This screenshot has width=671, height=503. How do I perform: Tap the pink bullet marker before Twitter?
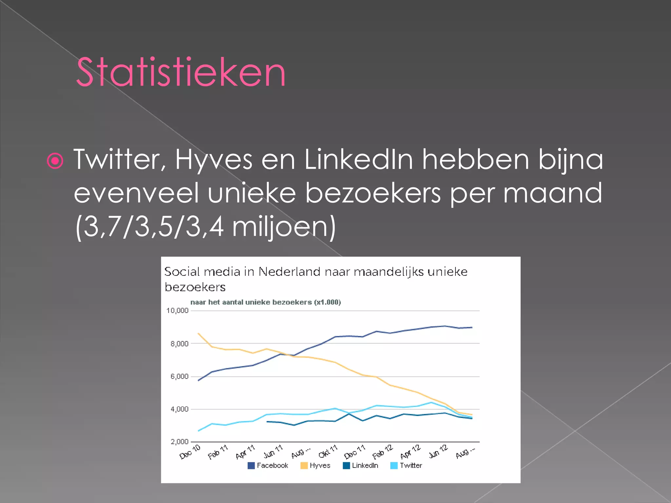pos(55,160)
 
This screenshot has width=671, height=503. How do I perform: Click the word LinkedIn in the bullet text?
pos(359,159)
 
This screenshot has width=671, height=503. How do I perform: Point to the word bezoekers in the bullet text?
pos(373,193)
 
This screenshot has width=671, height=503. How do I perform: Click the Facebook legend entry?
pos(268,465)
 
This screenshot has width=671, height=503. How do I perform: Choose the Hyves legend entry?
pos(316,465)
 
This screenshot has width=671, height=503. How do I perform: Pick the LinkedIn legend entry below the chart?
pos(361,465)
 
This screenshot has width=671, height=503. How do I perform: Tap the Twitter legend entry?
pos(407,465)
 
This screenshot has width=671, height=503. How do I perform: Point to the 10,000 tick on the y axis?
pos(177,310)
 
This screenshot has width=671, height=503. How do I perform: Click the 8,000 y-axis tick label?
pos(179,344)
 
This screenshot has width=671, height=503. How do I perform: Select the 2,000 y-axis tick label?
pos(179,442)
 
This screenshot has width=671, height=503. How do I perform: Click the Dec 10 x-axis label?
pos(190,452)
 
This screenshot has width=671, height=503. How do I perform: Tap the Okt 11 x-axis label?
pos(328,452)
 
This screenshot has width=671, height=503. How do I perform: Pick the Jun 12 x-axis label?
pos(438,452)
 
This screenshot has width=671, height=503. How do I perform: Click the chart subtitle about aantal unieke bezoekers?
pos(266,302)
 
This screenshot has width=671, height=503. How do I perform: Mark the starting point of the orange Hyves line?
pos(199,333)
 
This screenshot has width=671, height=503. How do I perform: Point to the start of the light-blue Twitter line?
pos(199,431)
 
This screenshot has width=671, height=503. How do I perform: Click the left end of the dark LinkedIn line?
pos(267,421)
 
